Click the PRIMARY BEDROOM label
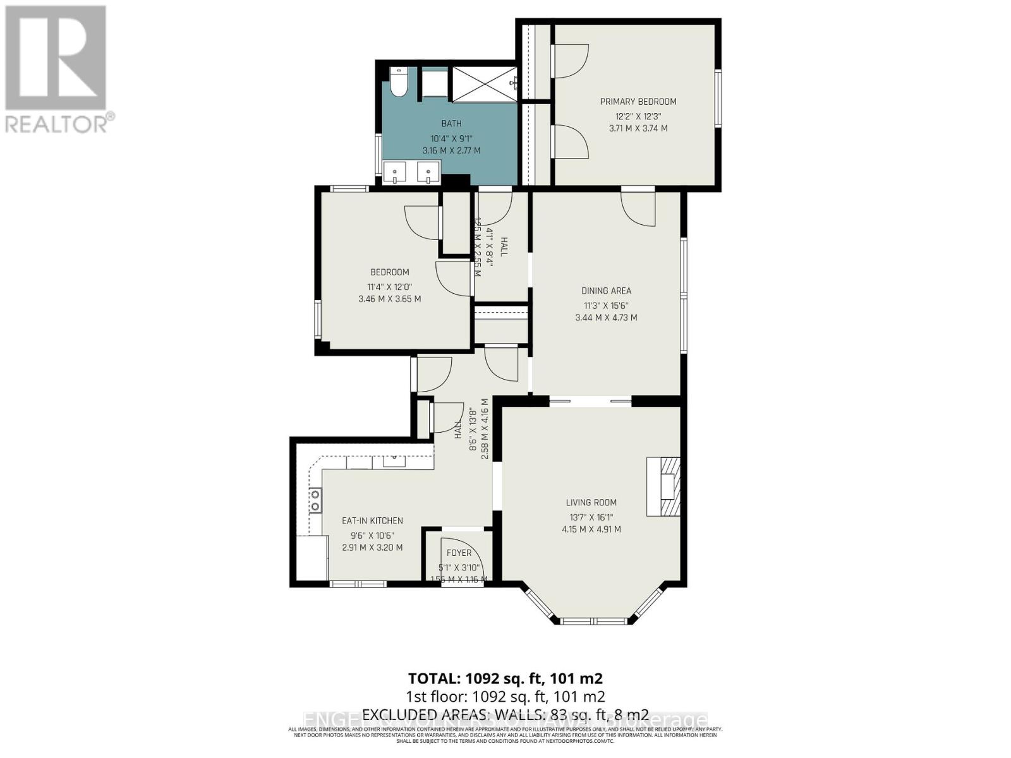point(638,102)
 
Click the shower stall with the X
point(483,85)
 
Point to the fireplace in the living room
point(663,486)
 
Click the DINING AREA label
point(606,291)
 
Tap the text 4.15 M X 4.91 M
point(591,529)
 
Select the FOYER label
point(459,553)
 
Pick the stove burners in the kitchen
point(314,500)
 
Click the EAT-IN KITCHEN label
point(372,521)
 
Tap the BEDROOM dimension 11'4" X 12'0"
point(389,286)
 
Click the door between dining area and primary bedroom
point(638,205)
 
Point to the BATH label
point(451,124)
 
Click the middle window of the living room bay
point(593,621)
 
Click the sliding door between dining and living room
point(590,400)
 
